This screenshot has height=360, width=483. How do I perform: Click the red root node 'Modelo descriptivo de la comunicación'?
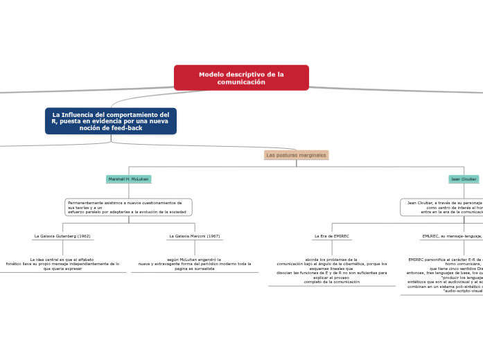(x=241, y=78)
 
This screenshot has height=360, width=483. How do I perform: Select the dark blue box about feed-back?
(x=111, y=121)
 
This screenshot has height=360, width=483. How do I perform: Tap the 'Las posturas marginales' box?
(x=296, y=155)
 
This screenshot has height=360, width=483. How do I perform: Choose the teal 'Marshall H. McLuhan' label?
(x=128, y=179)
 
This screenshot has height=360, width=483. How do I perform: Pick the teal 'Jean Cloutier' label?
(x=464, y=179)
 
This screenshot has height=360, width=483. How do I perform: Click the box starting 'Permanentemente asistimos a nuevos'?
(x=128, y=207)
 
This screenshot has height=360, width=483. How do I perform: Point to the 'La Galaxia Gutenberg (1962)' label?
(x=62, y=236)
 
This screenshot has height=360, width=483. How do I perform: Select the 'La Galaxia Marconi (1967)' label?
(x=194, y=236)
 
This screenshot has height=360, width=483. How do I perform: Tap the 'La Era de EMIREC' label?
(x=332, y=236)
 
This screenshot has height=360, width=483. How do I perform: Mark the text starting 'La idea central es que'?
(x=62, y=264)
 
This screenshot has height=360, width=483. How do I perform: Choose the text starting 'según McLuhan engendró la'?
(x=195, y=264)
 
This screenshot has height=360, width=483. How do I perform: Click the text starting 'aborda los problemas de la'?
(x=332, y=271)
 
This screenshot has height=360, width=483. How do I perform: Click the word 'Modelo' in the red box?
(x=211, y=74)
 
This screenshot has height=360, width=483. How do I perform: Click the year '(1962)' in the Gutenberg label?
(x=84, y=236)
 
